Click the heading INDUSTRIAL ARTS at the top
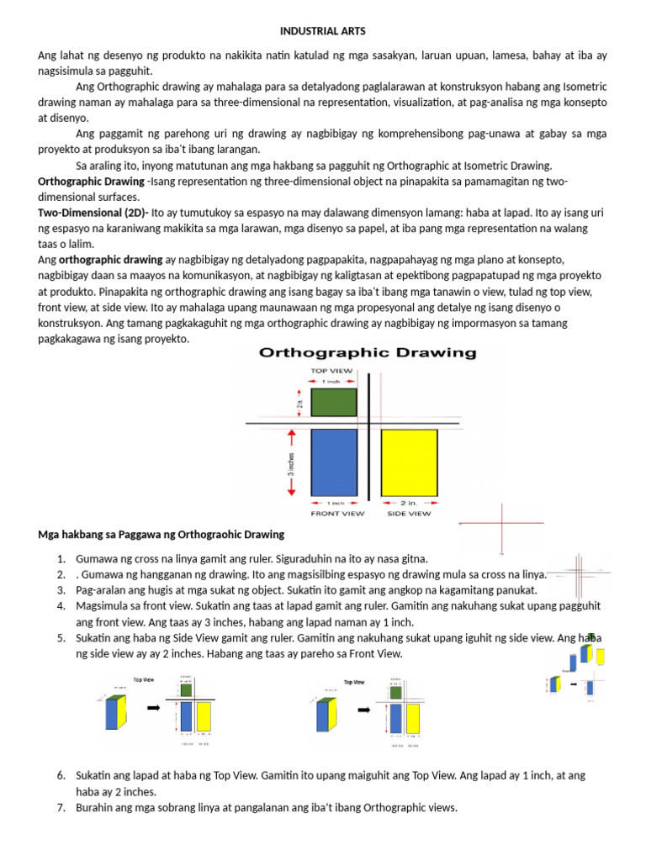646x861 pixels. (x=323, y=32)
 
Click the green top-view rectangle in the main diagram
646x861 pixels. (x=334, y=403)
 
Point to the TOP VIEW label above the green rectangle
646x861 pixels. (x=331, y=369)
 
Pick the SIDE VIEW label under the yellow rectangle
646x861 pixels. (x=408, y=513)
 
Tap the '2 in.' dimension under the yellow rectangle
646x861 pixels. (x=410, y=503)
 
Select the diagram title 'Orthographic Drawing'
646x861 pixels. (x=368, y=353)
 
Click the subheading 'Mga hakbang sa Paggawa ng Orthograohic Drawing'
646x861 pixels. (x=161, y=535)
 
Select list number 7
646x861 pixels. (x=61, y=808)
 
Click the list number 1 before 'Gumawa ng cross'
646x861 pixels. (x=61, y=559)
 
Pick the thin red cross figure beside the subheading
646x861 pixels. (x=501, y=527)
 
